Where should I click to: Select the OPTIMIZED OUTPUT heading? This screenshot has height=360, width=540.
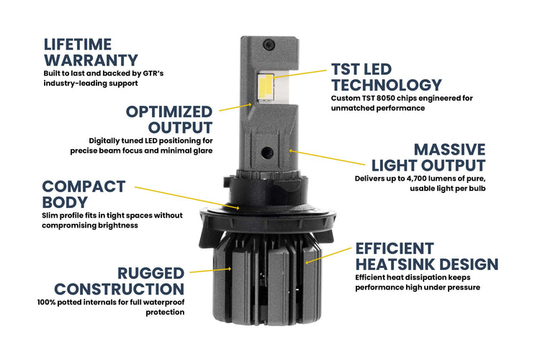168,120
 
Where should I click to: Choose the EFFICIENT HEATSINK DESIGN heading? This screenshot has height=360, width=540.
425,256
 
